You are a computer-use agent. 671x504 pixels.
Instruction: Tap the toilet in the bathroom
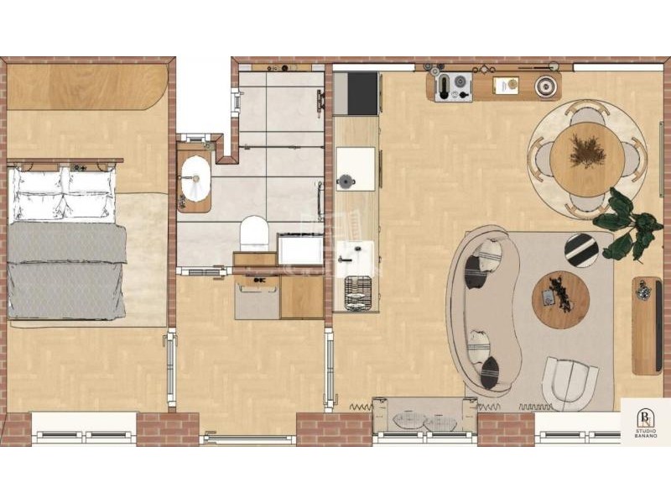(254, 233)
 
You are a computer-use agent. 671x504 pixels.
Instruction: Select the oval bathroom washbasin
(195, 179)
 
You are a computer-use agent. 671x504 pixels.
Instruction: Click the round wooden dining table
(586, 160)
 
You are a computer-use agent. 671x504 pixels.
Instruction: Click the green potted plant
(626, 226)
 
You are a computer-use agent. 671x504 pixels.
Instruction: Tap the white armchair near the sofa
(570, 382)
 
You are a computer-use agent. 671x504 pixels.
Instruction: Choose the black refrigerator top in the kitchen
(363, 93)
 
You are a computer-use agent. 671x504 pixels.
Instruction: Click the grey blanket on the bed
(67, 270)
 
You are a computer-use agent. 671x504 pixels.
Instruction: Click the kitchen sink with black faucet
(354, 259)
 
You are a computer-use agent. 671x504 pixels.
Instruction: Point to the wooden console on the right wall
(648, 325)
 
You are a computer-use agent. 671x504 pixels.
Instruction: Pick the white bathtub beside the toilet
(300, 249)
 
